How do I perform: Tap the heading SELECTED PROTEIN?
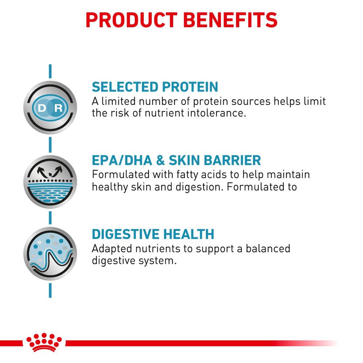tap(155, 87)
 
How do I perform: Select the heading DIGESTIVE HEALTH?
tap(153, 234)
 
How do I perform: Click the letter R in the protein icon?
tap(58, 108)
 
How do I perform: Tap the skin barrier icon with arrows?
tap(50, 181)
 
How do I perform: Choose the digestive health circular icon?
tap(50, 253)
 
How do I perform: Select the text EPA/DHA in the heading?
tap(122, 161)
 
